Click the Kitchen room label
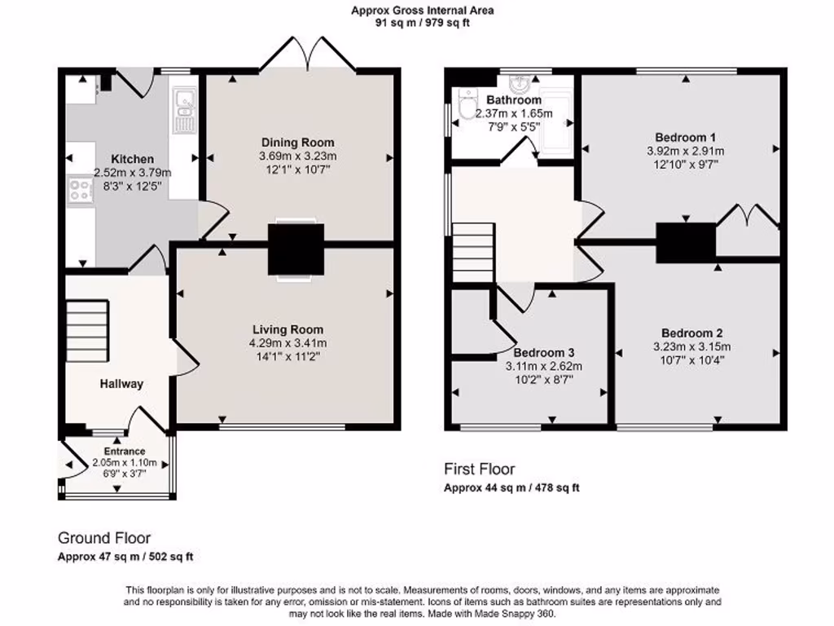pos(133,159)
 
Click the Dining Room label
pos(297,143)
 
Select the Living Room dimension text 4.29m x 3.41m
pos(289,342)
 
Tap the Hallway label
pos(121,384)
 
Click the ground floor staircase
pos(87,330)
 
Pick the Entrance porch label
pos(124,451)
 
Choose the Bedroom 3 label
pos(543,352)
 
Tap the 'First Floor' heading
pos(479,469)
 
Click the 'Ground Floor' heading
pos(103,538)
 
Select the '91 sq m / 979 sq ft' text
pos(422,23)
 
